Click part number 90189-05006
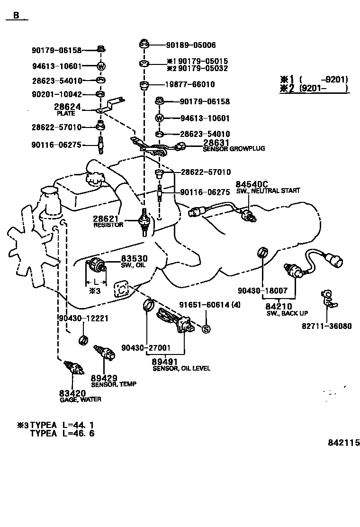(191, 45)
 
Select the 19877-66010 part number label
(190, 85)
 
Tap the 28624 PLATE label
(69, 110)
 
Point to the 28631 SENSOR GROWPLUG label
(234, 145)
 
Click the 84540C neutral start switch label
(268, 187)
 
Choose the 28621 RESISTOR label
(108, 221)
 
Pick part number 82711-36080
(327, 326)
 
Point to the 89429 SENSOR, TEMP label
(113, 381)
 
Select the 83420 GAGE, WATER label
(80, 396)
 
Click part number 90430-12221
(84, 318)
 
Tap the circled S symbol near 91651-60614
(206, 329)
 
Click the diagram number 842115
(344, 443)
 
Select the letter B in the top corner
(16, 15)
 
